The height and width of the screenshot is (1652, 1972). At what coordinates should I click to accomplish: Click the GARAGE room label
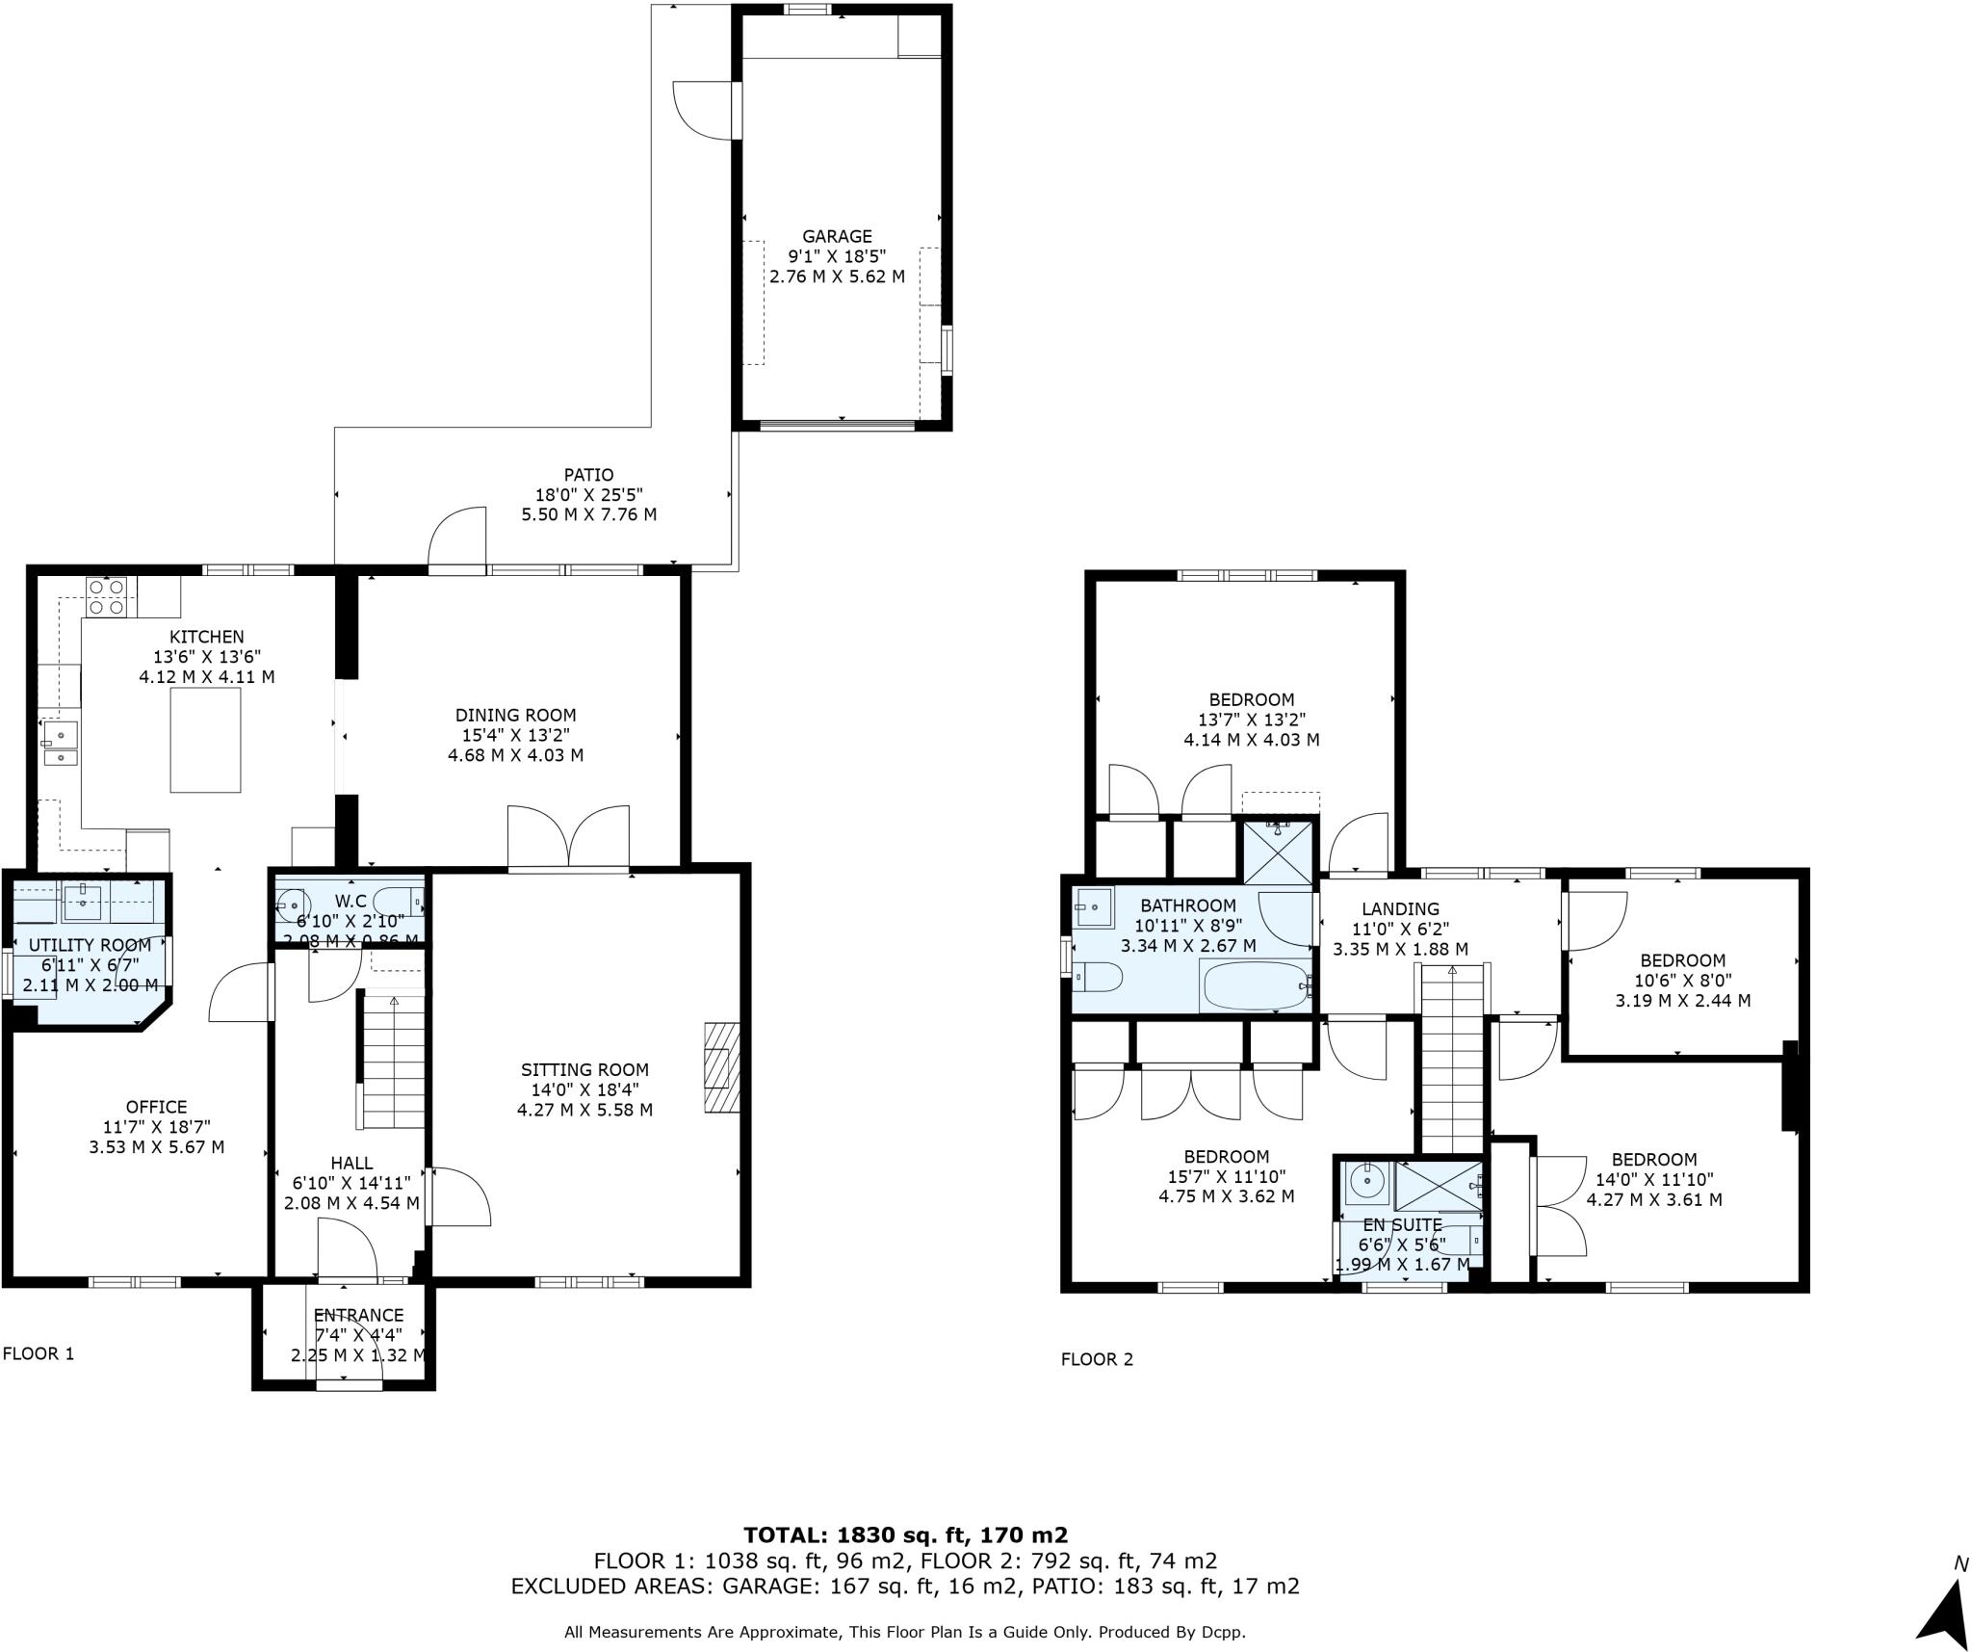click(837, 236)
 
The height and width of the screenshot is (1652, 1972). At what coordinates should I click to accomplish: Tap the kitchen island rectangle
click(205, 741)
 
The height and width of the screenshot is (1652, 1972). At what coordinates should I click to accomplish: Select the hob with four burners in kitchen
click(107, 596)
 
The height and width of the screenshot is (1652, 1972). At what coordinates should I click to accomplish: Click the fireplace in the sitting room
click(721, 1067)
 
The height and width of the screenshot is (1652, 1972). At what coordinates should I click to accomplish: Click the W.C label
click(350, 901)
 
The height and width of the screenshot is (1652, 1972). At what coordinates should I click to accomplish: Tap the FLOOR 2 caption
click(1097, 1359)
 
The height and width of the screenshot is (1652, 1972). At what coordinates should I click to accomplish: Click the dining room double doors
click(568, 837)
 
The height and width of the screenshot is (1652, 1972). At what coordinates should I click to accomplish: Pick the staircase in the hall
click(393, 1062)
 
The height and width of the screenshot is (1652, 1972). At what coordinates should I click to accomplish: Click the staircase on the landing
click(1452, 1060)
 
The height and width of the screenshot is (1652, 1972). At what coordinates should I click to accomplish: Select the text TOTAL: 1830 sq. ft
click(905, 1534)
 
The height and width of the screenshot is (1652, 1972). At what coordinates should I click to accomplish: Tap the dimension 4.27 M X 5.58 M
click(584, 1110)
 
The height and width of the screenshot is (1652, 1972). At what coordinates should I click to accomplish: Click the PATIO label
click(588, 475)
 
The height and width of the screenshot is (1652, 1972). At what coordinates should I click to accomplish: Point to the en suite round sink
click(1366, 1180)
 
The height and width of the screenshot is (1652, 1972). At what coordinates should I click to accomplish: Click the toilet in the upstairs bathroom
click(1098, 977)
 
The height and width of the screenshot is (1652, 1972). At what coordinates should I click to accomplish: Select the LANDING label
click(1400, 908)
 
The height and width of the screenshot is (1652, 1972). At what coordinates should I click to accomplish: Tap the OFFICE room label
click(156, 1107)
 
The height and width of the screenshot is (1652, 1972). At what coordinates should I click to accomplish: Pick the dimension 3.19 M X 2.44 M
click(1682, 1000)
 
